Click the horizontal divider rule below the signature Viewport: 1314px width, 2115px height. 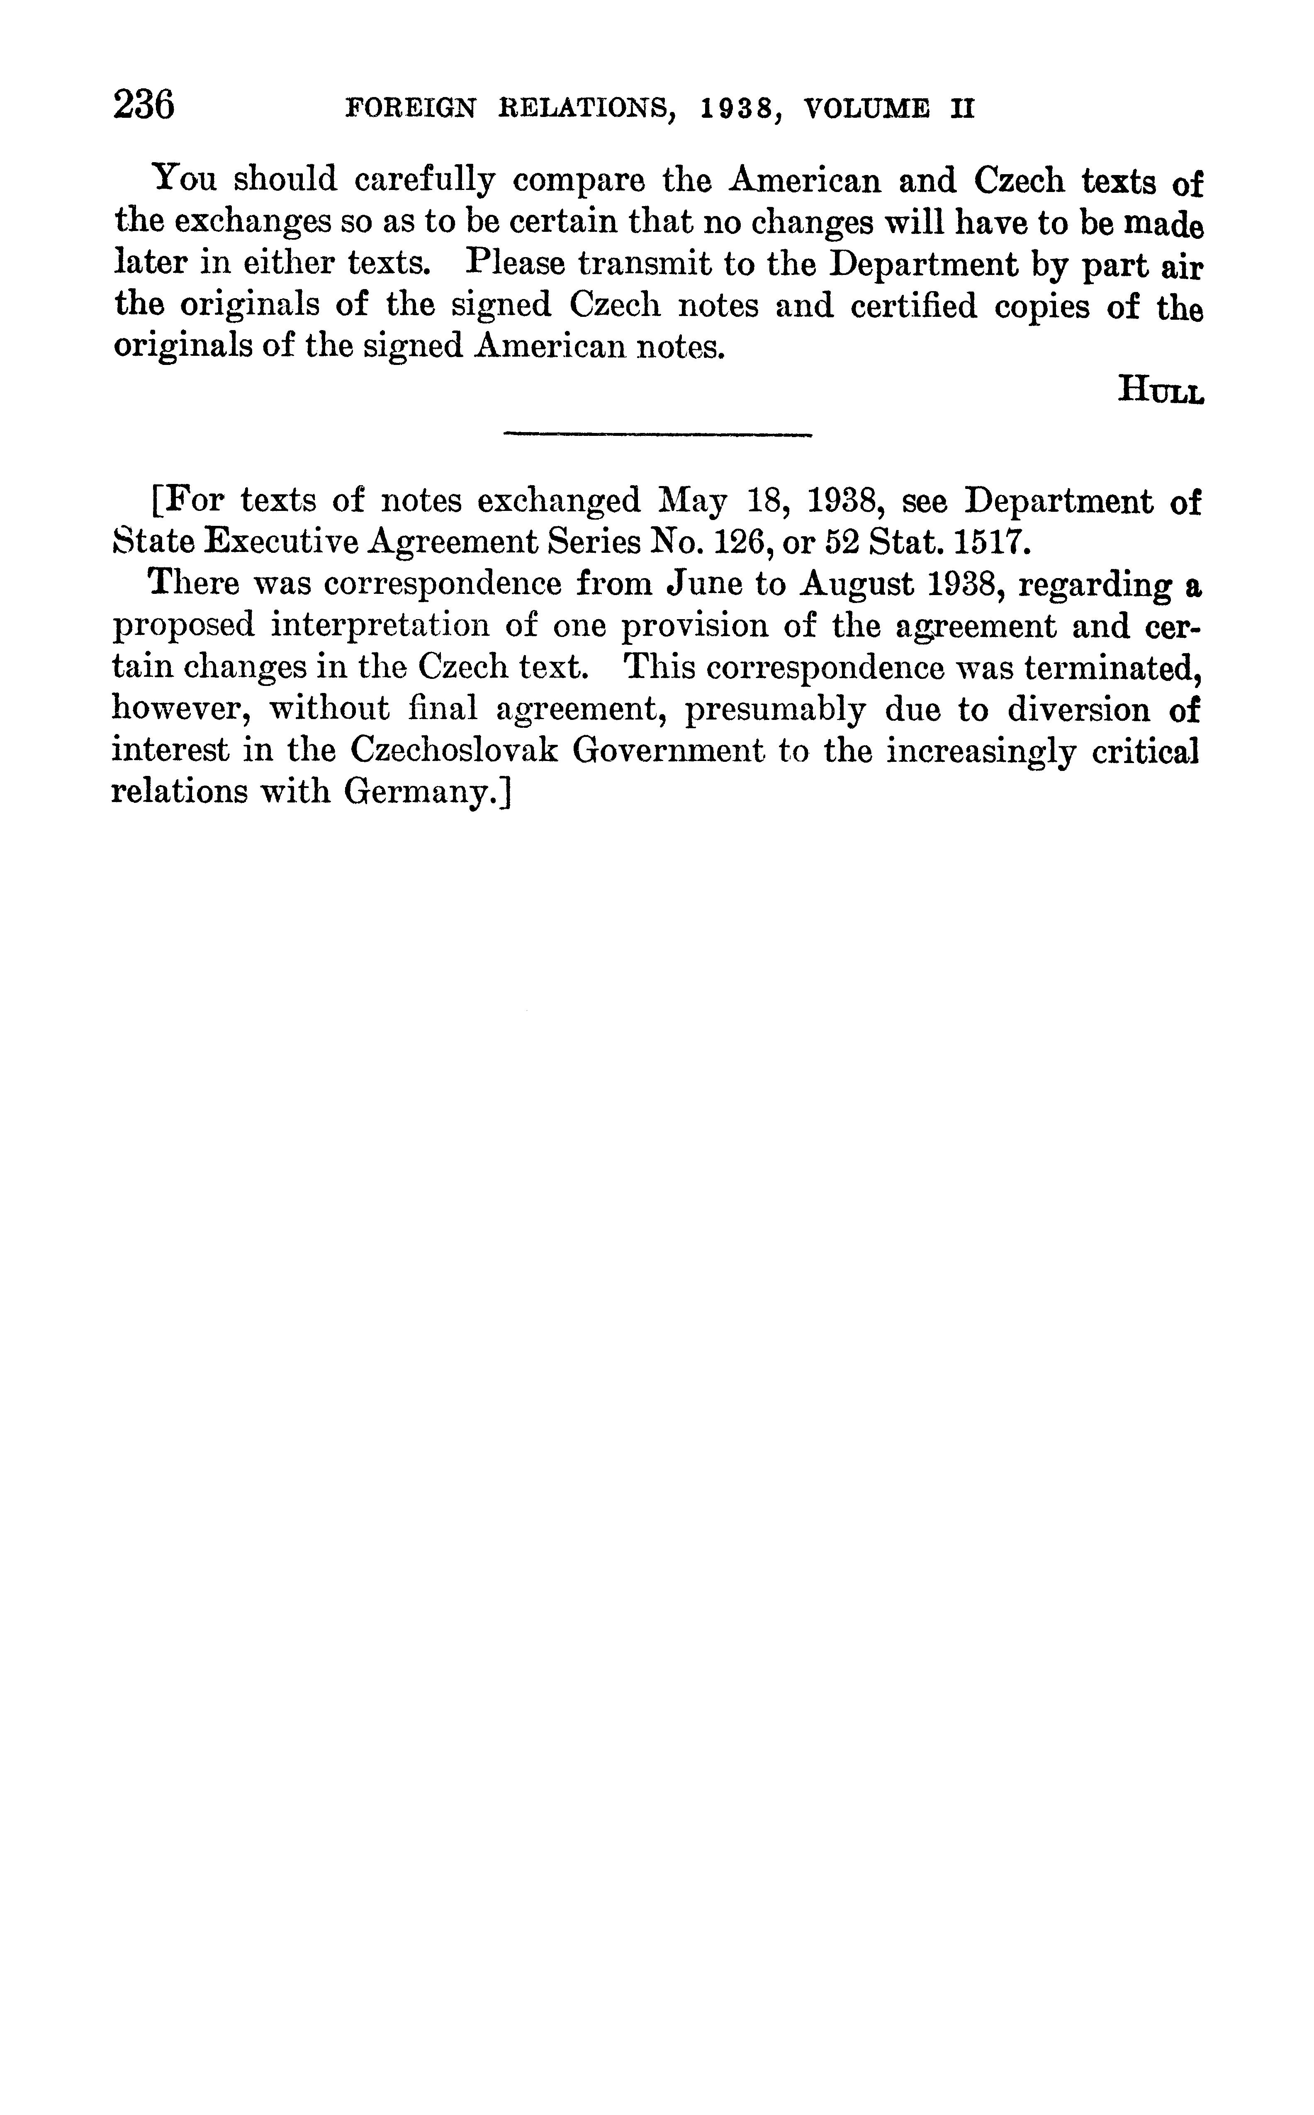click(x=657, y=435)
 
